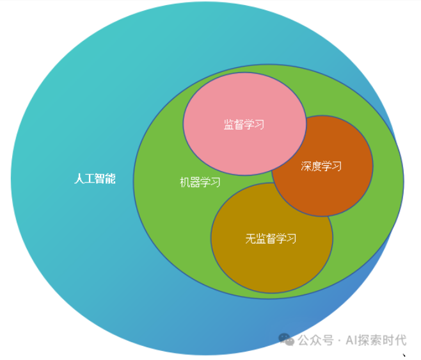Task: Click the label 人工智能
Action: click(95, 179)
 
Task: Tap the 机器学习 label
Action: click(200, 183)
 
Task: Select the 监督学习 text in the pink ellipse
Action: click(244, 124)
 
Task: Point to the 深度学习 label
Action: click(321, 167)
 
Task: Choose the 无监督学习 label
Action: click(271, 239)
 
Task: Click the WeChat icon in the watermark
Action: click(287, 340)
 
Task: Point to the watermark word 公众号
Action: click(315, 340)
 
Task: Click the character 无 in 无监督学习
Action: click(250, 239)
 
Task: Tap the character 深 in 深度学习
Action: click(306, 167)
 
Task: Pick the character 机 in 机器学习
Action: click(185, 183)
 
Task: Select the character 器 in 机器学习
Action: click(195, 183)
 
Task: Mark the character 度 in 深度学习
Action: click(317, 167)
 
